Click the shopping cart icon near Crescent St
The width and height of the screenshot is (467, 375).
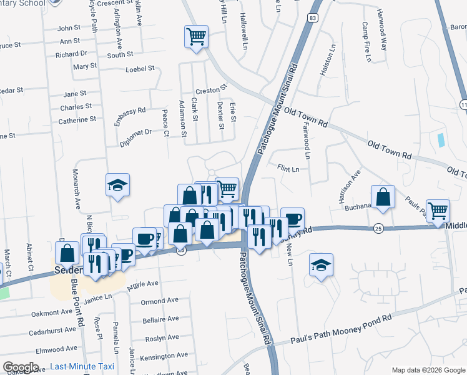[x=196, y=36]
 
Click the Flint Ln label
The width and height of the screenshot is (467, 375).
[x=288, y=169]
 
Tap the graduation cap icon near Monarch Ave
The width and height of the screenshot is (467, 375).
[x=117, y=185]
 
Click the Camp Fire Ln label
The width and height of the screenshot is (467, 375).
[x=367, y=42]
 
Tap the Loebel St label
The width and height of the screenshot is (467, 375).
[x=140, y=69]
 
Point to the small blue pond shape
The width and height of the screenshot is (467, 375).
[x=441, y=140]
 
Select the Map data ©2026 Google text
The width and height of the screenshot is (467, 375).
[x=428, y=370]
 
